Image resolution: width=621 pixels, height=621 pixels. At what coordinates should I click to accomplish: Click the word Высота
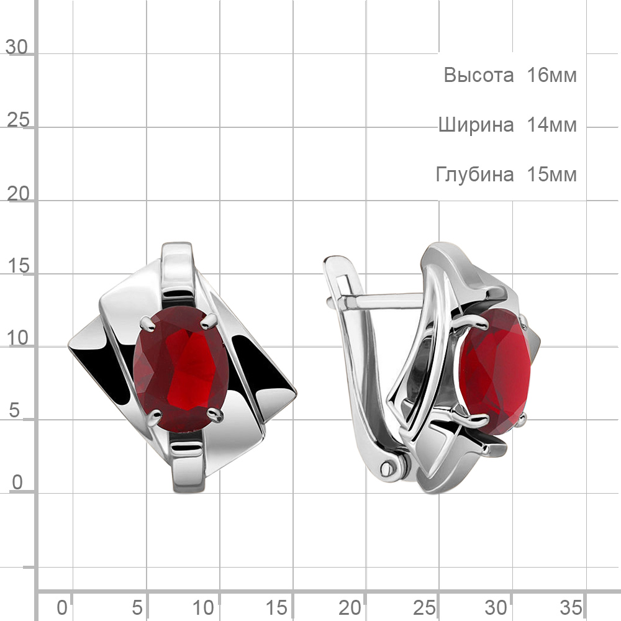click(x=478, y=75)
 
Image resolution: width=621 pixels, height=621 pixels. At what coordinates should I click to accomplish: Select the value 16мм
click(x=551, y=75)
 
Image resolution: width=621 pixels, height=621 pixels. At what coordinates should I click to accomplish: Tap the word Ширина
click(x=476, y=125)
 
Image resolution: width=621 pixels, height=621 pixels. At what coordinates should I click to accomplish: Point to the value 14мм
click(x=551, y=125)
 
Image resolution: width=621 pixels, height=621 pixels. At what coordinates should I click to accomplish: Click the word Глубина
click(x=475, y=175)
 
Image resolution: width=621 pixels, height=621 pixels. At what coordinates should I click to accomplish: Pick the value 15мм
click(x=551, y=175)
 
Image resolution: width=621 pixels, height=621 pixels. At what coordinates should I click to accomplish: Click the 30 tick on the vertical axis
click(x=17, y=47)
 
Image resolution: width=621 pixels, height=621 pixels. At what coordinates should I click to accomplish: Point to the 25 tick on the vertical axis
click(x=18, y=120)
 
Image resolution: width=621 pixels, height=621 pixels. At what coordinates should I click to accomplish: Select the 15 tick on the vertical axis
click(x=18, y=265)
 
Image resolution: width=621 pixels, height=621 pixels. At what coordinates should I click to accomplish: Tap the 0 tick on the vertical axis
click(x=17, y=483)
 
